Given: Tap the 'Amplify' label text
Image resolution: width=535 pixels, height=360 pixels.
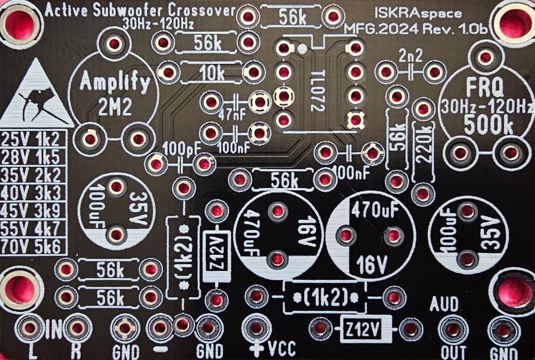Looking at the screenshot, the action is (x=115, y=81).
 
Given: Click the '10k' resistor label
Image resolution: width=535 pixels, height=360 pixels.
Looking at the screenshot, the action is (x=211, y=73).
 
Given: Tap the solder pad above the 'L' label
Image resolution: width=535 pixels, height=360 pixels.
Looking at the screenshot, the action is (x=30, y=328).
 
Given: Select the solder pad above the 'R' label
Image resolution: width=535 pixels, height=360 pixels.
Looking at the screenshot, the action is (x=76, y=328).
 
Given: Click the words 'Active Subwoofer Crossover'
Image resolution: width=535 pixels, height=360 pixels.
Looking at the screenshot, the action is (x=140, y=10).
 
